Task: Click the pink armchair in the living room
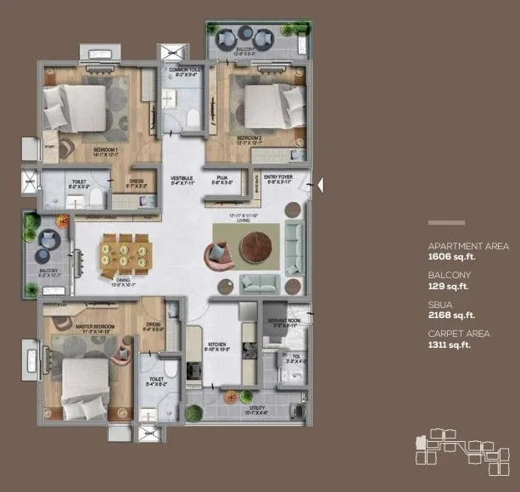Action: point(218,252)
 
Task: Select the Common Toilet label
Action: point(184,70)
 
